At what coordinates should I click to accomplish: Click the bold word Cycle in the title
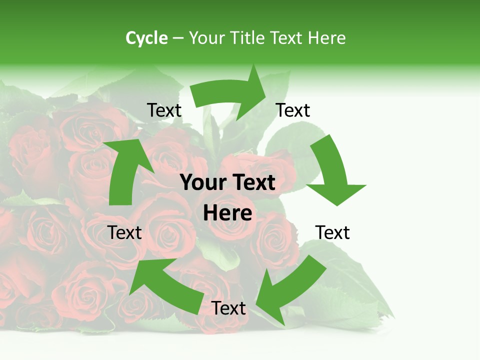pos(146,38)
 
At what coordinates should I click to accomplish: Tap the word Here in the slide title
pos(326,38)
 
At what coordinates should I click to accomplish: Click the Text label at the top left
pos(164,110)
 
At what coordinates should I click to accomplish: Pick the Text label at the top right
pos(293,110)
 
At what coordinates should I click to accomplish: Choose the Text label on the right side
pos(332,232)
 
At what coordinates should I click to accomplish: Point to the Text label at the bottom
pos(228,308)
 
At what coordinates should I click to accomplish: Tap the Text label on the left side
pos(125,232)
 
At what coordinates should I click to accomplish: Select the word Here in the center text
pos(227,213)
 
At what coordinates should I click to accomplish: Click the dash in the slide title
pos(177,38)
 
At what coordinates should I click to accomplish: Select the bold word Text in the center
pos(253,183)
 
